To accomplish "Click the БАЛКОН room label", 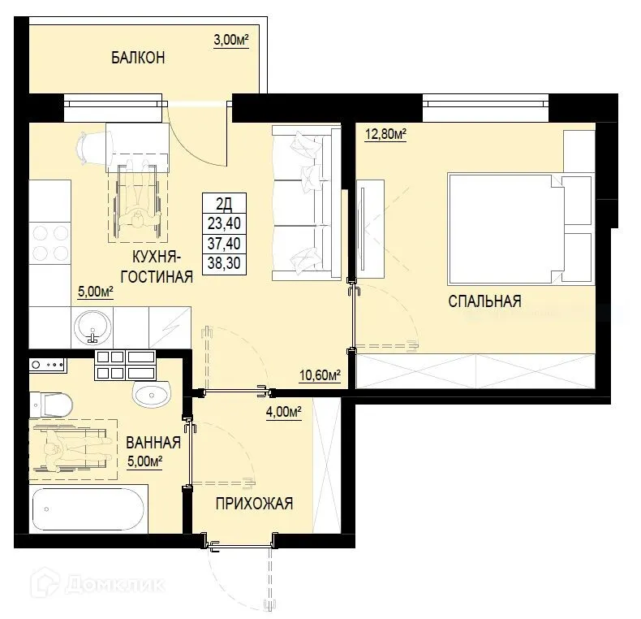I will tap(138, 58).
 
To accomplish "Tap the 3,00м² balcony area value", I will tap(230, 41).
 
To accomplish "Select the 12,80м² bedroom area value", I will tap(385, 135).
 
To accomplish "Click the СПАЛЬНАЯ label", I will tap(484, 301).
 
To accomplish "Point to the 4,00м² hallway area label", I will tap(283, 412).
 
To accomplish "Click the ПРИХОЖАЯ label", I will tap(253, 504).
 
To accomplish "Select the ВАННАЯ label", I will tap(153, 443).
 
